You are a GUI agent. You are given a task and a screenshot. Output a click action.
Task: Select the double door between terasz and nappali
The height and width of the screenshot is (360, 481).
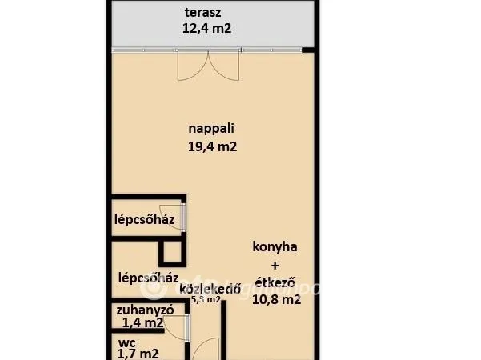pos(207,65)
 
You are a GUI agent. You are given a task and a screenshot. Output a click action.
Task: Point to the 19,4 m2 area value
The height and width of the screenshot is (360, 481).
pos(212,146)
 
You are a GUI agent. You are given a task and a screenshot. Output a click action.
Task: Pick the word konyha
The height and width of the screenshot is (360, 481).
pos(275,247)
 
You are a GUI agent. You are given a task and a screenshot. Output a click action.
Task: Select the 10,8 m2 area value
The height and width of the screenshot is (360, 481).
pos(276,300)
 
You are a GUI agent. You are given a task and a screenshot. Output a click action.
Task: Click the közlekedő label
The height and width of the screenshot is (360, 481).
pos(211,289)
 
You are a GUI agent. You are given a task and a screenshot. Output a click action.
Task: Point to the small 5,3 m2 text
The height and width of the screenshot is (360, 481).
pos(205,301)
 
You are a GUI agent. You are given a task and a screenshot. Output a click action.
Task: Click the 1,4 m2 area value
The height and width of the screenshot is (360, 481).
pos(142,323)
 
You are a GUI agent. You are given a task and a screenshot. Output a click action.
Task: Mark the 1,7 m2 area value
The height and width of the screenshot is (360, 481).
pos(138,354)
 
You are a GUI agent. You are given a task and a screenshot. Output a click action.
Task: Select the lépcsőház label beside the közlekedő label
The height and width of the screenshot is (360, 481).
pos(147,278)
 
